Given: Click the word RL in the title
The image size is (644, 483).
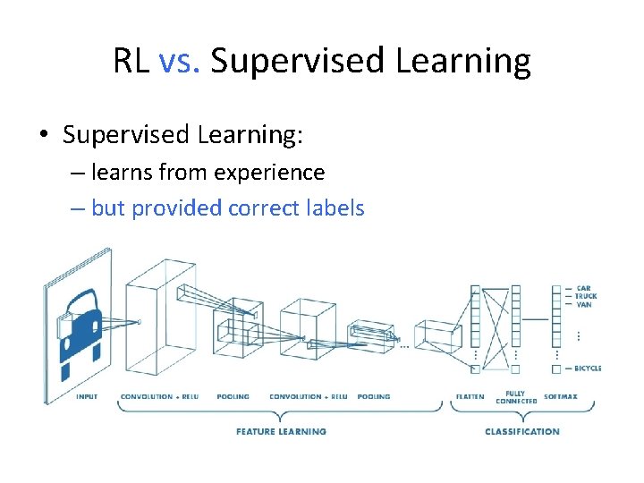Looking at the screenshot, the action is [x=132, y=62].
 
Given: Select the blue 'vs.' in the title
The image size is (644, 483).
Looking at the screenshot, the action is [x=178, y=62].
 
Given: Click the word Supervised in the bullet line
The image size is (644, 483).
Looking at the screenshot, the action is [x=126, y=135].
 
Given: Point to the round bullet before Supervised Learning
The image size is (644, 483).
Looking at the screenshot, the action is [x=43, y=136].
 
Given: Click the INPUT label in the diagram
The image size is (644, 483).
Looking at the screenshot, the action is [x=87, y=396].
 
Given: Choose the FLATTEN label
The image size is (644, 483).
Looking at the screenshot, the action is [x=470, y=396].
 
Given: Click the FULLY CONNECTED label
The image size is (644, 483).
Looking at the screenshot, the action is [x=516, y=397].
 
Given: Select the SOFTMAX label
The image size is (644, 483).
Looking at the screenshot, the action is [x=561, y=396].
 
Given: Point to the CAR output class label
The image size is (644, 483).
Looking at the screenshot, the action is [x=584, y=288].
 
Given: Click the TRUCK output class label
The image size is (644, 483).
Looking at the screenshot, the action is [x=587, y=296].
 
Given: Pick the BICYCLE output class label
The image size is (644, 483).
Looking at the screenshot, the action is [x=589, y=368].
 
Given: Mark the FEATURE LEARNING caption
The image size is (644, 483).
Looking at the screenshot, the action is [x=281, y=431].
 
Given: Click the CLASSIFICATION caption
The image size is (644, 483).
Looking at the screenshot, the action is [x=522, y=431].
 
